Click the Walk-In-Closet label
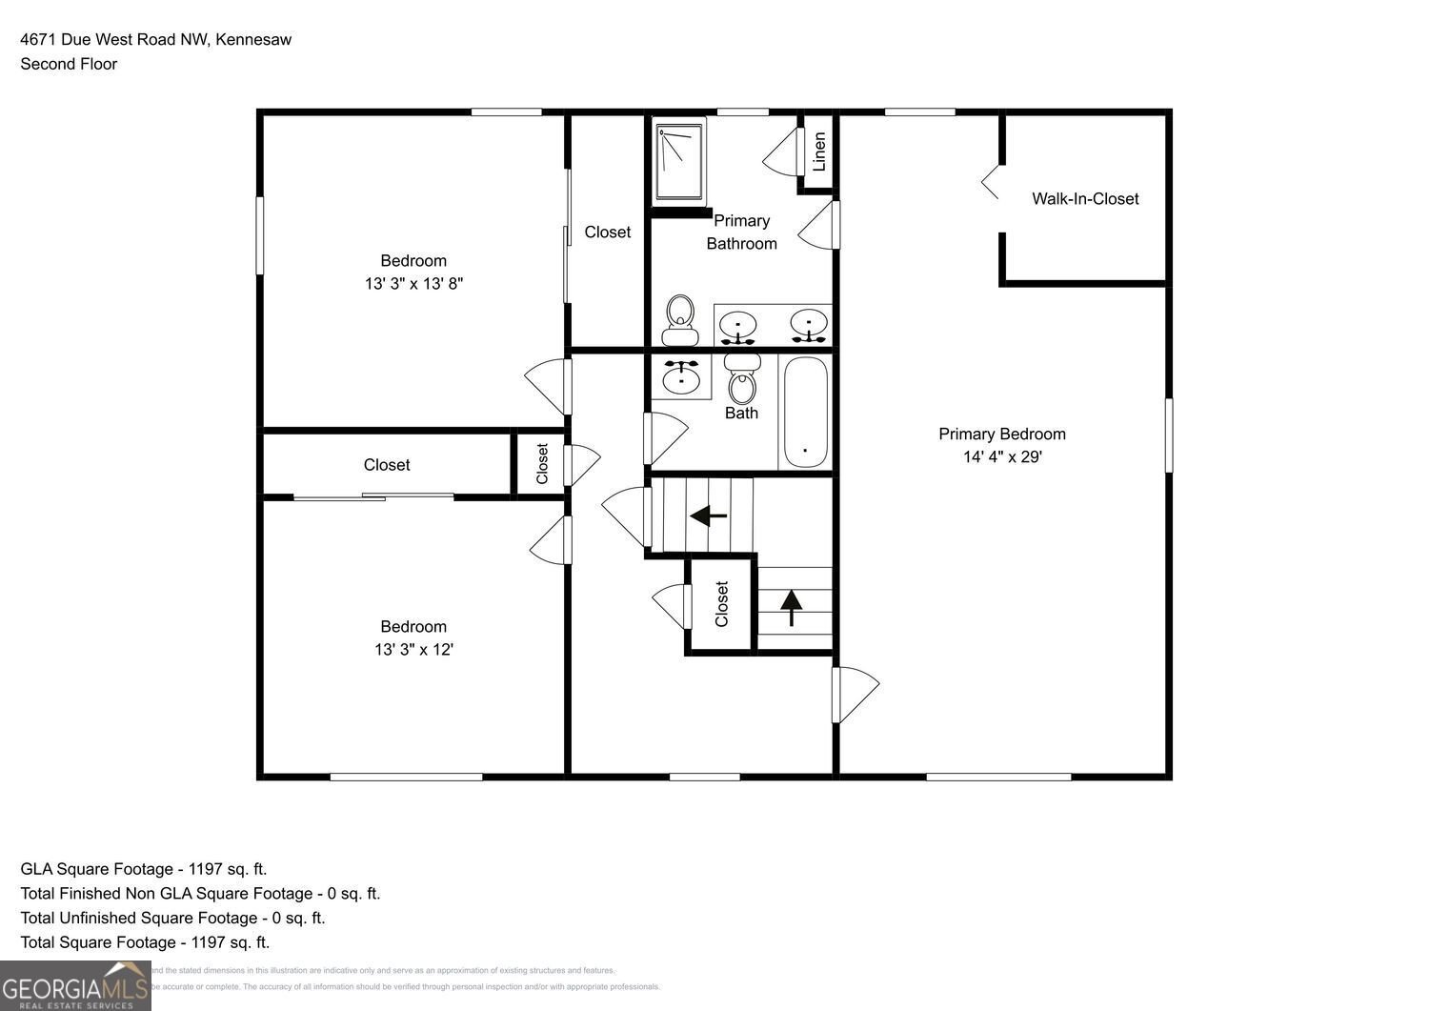pyautogui.click(x=1085, y=198)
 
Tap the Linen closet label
pyautogui.click(x=818, y=152)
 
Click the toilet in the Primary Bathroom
pyautogui.click(x=679, y=319)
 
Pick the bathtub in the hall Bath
pyautogui.click(x=805, y=413)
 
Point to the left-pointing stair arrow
pyautogui.click(x=708, y=516)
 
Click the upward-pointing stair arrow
pyautogui.click(x=792, y=607)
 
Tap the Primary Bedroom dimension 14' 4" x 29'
pyautogui.click(x=1002, y=457)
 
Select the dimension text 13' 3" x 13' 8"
pyautogui.click(x=413, y=284)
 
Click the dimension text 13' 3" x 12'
pyautogui.click(x=413, y=650)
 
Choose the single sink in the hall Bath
pyautogui.click(x=680, y=376)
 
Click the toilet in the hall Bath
pyautogui.click(x=742, y=379)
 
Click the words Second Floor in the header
pyautogui.click(x=69, y=64)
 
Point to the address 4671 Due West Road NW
pyautogui.click(x=114, y=39)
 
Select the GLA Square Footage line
pyautogui.click(x=144, y=869)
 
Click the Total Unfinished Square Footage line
pyautogui.click(x=172, y=918)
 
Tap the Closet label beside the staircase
pyautogui.click(x=721, y=604)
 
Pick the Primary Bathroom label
pyautogui.click(x=741, y=232)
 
